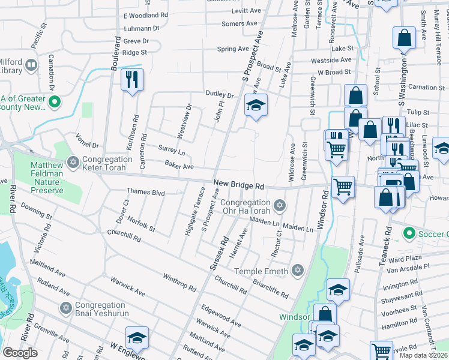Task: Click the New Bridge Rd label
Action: click(238, 187)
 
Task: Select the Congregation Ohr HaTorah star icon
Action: click(279, 206)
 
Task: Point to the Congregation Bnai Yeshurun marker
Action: click(66, 308)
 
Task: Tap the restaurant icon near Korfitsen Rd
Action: click(132, 79)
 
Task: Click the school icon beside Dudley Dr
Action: click(256, 106)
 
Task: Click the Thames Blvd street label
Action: click(145, 192)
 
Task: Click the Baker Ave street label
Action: click(179, 166)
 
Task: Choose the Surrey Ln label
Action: click(171, 148)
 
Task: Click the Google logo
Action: click(20, 352)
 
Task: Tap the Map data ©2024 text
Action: click(423, 355)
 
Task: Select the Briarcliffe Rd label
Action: click(270, 287)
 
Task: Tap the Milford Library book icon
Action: click(31, 64)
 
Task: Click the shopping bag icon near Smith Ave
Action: click(405, 38)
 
